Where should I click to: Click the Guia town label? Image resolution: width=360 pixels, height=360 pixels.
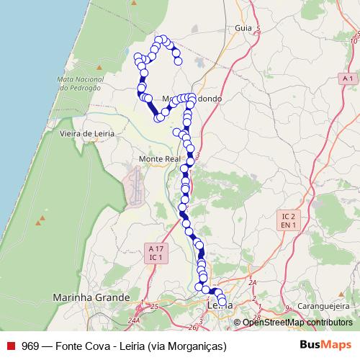pos(243,28)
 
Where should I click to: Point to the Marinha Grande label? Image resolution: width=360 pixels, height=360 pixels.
pos(91,297)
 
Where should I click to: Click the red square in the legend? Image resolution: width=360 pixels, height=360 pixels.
pos(11,346)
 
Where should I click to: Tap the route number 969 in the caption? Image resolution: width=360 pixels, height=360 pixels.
pos(30,346)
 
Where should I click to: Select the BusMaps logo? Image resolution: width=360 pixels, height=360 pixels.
pos(325,345)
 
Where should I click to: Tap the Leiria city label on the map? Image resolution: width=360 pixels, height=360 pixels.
pos(219,305)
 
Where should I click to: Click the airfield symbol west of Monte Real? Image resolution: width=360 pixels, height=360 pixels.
pos(134,186)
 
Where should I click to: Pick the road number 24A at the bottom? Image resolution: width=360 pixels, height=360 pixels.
pos(133,320)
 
